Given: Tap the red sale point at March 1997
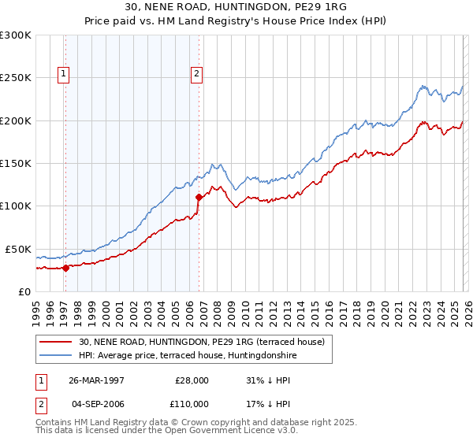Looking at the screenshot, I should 66,268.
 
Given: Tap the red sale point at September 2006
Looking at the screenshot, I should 199,198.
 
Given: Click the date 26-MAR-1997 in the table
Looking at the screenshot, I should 96,380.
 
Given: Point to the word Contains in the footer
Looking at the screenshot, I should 54,424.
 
